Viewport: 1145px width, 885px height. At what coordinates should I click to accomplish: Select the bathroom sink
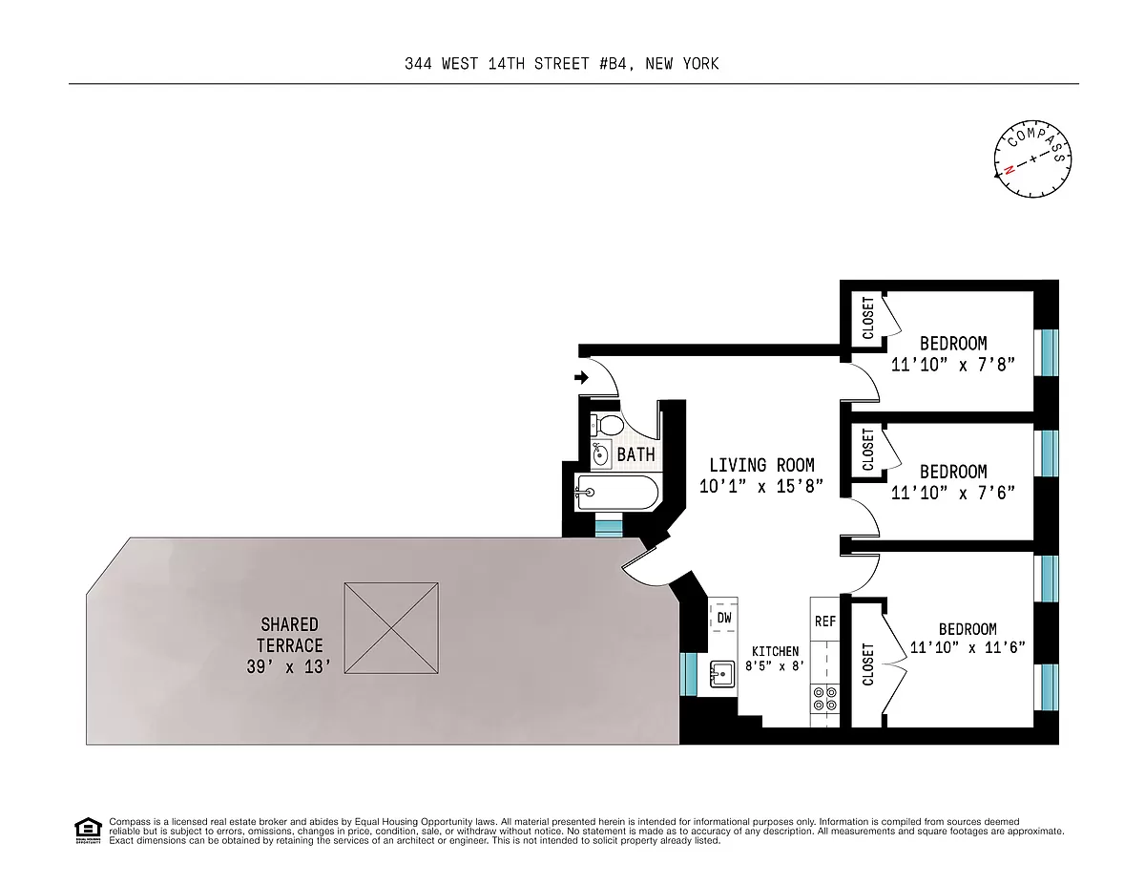600,454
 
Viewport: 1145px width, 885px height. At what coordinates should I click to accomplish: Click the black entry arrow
580,379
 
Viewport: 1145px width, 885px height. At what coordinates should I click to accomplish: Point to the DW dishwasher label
724,618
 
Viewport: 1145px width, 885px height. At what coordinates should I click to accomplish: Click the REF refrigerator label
824,622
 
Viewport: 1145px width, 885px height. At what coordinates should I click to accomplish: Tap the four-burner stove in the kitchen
824,699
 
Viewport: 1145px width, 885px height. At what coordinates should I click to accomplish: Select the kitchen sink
720,674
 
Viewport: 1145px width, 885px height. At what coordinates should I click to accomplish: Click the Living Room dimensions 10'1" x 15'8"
760,487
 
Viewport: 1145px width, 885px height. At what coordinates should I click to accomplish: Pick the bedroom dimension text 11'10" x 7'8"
951,365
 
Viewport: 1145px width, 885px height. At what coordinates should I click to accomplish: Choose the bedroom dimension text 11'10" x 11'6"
967,647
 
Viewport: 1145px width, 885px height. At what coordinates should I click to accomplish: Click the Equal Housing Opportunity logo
87,831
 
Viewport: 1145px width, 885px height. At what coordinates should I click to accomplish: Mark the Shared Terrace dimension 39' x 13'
288,666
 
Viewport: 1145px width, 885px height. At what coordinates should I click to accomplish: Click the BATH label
635,454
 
